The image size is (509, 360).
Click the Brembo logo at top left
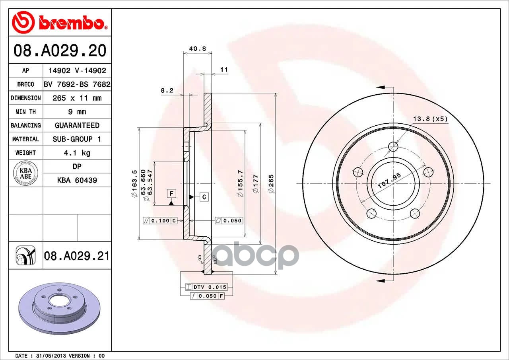click(x=60, y=22)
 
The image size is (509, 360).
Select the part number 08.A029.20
click(x=60, y=51)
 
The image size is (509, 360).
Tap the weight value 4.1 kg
click(x=77, y=153)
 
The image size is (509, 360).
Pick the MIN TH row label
click(x=26, y=112)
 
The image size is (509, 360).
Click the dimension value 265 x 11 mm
click(x=77, y=98)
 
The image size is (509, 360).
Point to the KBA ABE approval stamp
click(x=26, y=173)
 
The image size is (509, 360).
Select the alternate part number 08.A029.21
click(x=77, y=256)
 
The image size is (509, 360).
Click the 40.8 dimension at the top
click(x=198, y=49)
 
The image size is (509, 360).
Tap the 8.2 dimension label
click(x=167, y=90)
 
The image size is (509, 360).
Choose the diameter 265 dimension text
click(x=271, y=184)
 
